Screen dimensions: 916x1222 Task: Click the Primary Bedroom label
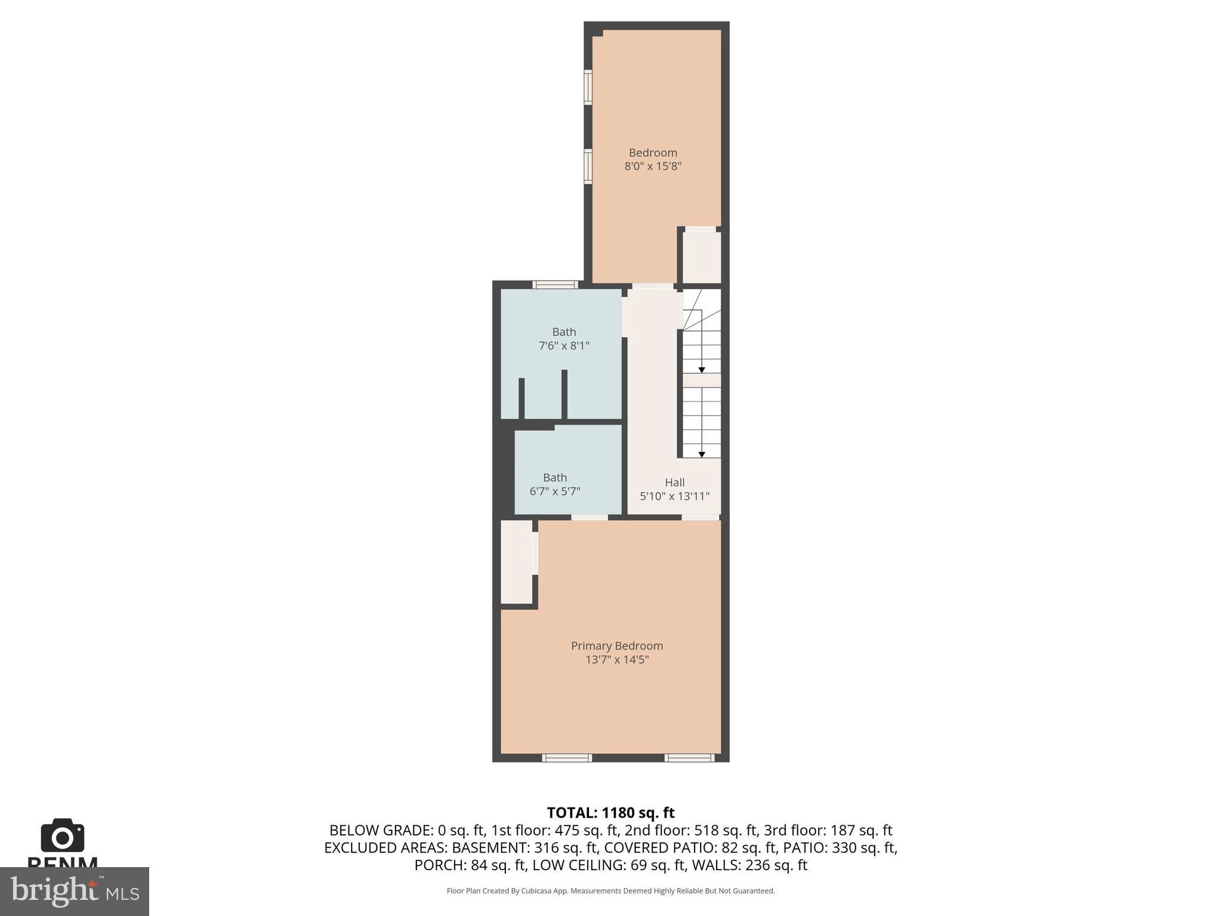[x=616, y=646]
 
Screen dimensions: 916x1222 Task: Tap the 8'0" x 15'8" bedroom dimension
[x=653, y=166]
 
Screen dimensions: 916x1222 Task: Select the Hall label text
[x=674, y=482]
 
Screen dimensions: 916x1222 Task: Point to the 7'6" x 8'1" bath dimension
[x=564, y=346]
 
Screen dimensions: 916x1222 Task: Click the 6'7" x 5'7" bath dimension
[x=554, y=491]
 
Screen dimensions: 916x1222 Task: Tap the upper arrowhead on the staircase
[x=702, y=370]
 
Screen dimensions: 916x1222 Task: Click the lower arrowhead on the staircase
[x=702, y=454]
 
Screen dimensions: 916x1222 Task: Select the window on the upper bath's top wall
[x=555, y=284]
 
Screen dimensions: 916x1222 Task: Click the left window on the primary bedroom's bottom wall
[x=567, y=758]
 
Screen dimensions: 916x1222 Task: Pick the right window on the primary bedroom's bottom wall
[x=689, y=758]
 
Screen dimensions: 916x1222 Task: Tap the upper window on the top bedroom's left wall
[x=588, y=87]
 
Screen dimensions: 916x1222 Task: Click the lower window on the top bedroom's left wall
[x=588, y=166]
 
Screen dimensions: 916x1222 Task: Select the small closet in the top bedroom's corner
[x=702, y=257]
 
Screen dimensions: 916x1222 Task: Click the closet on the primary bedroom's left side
[x=516, y=562]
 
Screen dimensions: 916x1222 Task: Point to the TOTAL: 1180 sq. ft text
[x=610, y=813]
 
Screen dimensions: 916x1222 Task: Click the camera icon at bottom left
[x=63, y=836]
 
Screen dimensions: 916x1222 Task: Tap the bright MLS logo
[x=75, y=891]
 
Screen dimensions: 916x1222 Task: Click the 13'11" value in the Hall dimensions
[x=692, y=496]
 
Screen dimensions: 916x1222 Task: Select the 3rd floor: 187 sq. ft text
[x=828, y=830]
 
